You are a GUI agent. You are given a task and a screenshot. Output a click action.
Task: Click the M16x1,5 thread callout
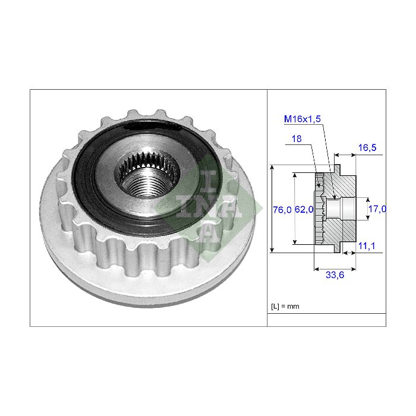point(302,119)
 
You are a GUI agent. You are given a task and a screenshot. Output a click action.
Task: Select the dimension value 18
point(297,138)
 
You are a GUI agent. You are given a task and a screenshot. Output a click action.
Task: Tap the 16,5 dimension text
point(367,147)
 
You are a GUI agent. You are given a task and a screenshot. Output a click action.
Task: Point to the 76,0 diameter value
point(282,210)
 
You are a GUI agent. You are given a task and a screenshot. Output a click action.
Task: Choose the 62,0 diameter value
point(304,210)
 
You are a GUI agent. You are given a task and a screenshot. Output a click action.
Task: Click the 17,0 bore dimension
point(377,209)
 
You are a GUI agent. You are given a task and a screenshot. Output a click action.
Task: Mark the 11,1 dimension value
point(367,246)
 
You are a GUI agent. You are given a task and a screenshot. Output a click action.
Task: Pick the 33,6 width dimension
point(335,275)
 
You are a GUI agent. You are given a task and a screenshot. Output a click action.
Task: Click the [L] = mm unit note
point(285,307)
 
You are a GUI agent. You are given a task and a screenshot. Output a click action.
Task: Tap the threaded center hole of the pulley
point(147,177)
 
